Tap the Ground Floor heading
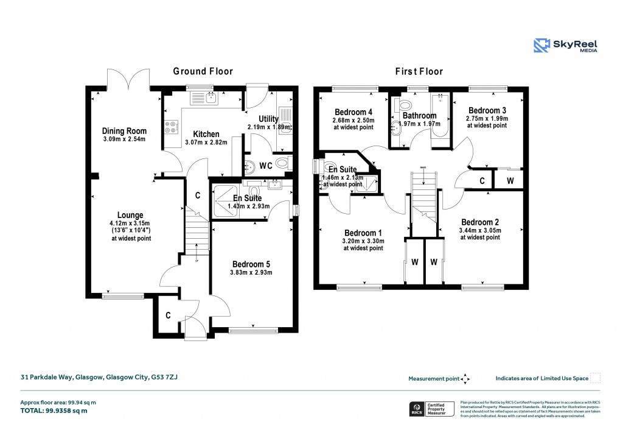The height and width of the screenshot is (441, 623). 203,71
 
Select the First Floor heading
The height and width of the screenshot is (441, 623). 419,71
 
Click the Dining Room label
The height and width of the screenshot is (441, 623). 124,131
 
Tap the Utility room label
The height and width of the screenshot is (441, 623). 268,118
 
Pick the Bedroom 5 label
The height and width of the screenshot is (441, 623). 250,264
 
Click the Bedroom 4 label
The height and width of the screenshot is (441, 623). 353,112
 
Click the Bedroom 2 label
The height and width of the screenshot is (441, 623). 479,222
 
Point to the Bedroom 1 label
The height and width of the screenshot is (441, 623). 363,233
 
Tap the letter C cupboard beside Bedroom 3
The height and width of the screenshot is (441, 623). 482,181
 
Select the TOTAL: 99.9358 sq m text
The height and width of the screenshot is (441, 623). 54,411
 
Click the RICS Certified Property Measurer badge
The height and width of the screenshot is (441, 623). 431,409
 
